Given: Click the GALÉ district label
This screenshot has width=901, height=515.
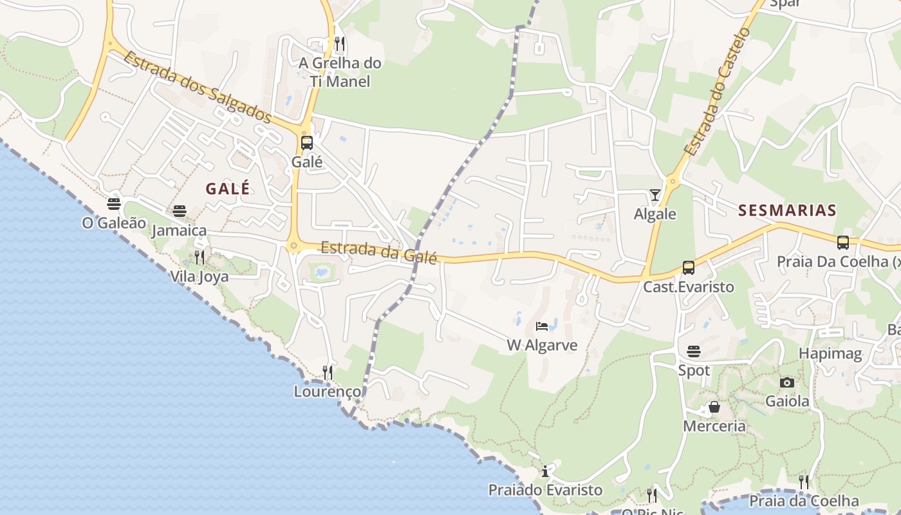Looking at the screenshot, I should tap(227, 189).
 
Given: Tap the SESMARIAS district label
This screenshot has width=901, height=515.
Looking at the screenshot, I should tap(787, 210).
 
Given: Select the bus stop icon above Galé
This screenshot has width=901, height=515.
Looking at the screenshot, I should tap(307, 143).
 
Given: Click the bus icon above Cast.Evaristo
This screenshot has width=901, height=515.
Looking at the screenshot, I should tap(688, 268).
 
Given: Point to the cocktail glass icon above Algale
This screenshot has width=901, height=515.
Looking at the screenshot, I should tap(655, 194).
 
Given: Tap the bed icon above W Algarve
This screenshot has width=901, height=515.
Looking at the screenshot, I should tap(542, 326).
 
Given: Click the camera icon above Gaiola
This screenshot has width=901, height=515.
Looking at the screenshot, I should tap(786, 383).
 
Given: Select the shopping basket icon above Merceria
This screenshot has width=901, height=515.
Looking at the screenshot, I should tap(714, 407).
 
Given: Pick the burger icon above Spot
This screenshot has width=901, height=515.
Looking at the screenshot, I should tap(694, 351).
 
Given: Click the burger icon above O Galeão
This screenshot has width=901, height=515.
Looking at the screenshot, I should tap(114, 204).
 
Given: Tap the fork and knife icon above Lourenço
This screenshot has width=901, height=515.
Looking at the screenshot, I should tap(328, 373).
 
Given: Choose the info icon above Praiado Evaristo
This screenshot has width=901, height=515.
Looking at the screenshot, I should tap(545, 471).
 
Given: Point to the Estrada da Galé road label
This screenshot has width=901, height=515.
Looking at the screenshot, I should tap(378, 252).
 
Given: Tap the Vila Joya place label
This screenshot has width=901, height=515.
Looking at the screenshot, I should tap(199, 277).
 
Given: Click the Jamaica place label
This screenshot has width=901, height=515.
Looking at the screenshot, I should tap(179, 230).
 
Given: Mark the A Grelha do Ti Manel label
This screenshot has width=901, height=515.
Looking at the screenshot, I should tap(340, 72).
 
